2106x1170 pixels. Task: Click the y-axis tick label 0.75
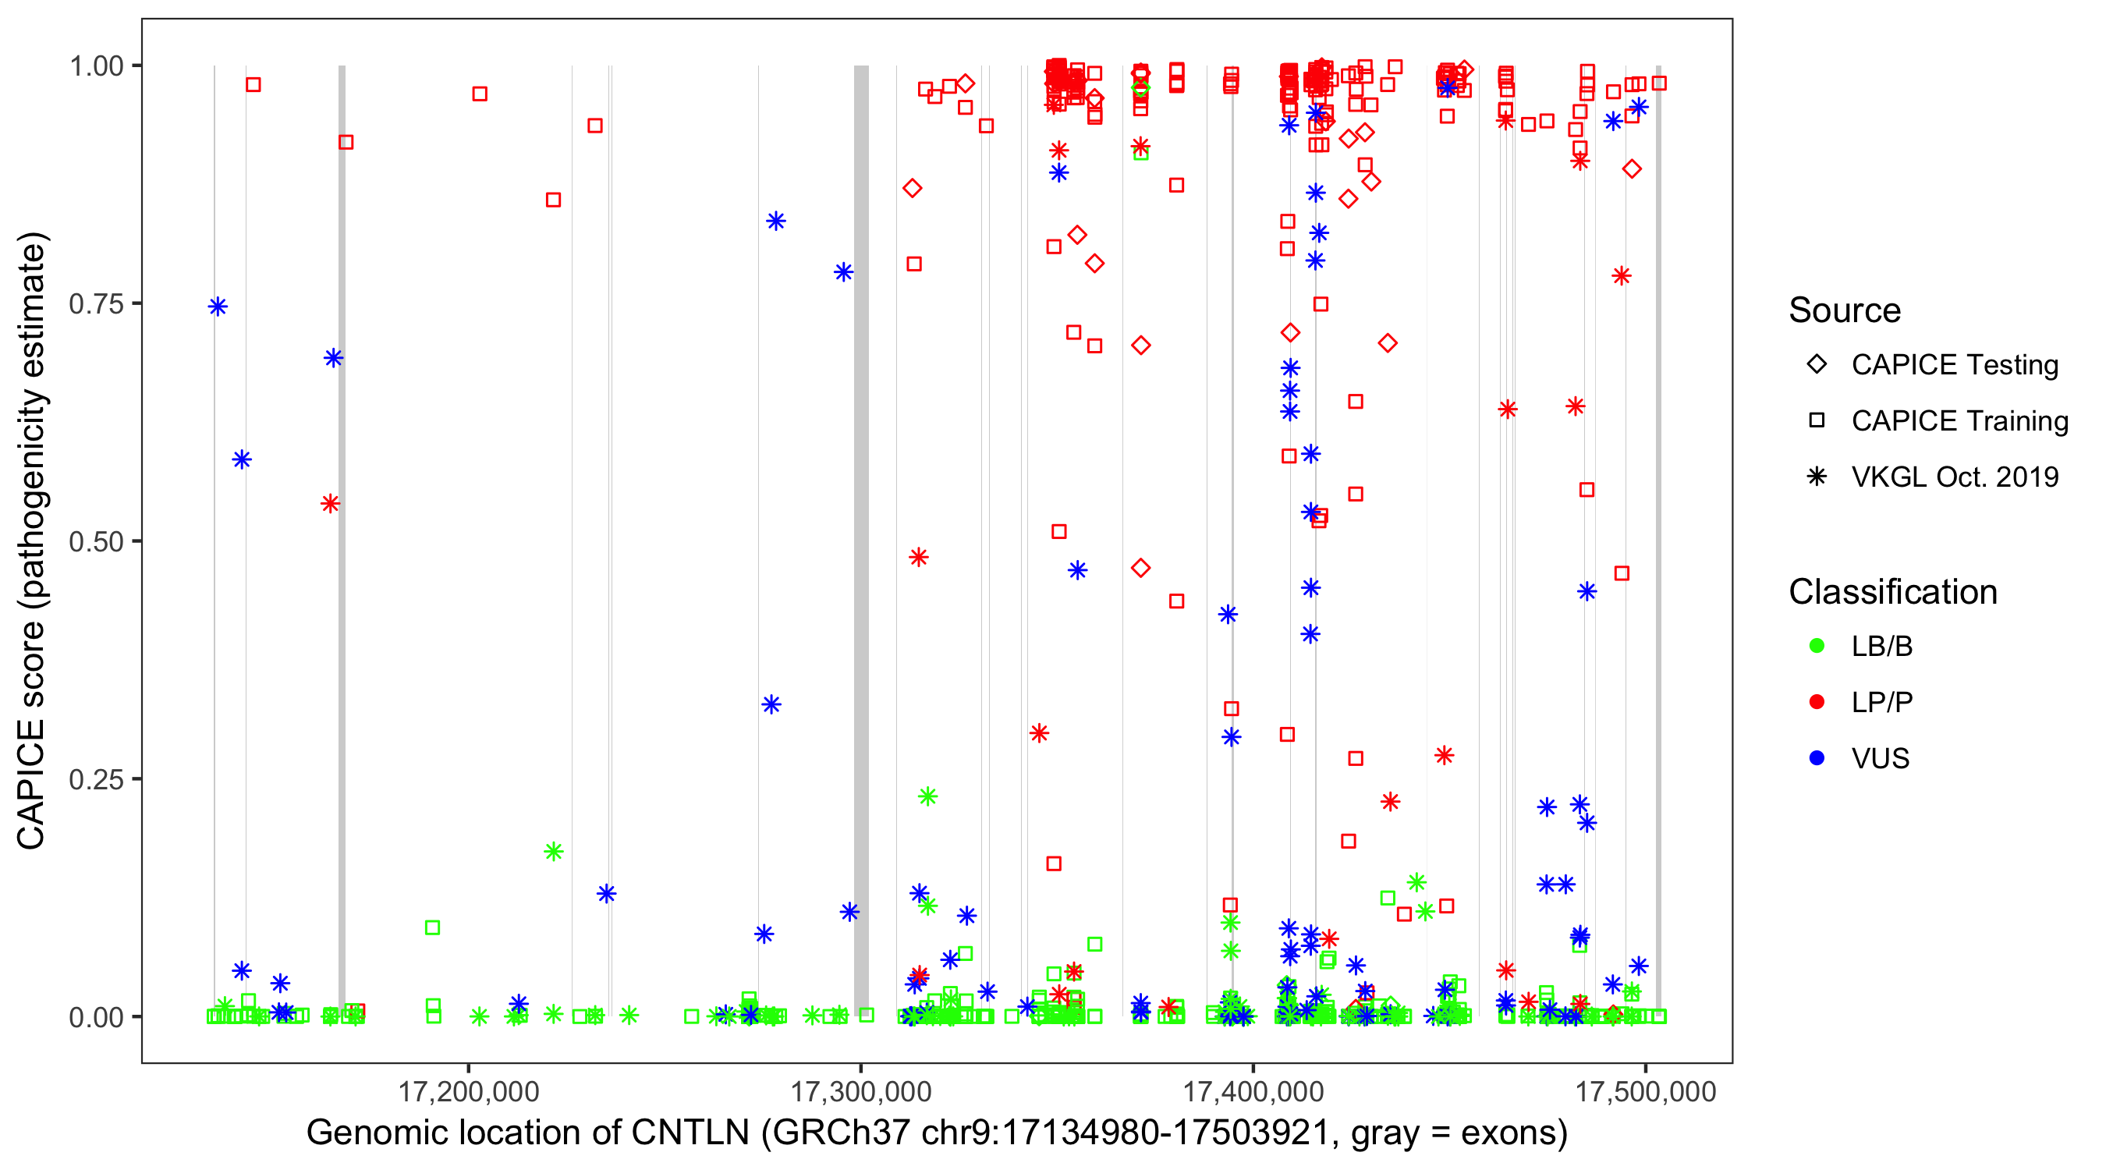point(95,303)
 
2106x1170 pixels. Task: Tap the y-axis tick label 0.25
point(95,779)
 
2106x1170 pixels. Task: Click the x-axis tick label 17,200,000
point(469,1091)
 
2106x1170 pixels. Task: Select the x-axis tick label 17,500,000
point(1646,1091)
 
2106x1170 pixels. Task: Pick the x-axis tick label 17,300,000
point(861,1091)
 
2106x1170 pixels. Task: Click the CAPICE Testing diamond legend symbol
point(1817,365)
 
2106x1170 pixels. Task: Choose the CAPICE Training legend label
point(1959,421)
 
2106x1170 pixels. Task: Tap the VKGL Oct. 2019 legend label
point(1955,477)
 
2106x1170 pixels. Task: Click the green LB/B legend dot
point(1817,646)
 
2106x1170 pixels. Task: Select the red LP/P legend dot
point(1817,702)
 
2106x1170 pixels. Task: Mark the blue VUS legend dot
point(1817,758)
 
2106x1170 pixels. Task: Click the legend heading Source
point(1845,310)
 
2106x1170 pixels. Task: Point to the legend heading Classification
point(1892,592)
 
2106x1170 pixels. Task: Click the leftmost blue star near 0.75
point(218,307)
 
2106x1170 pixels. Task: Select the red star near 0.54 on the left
point(330,504)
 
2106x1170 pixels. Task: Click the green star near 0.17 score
point(554,852)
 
